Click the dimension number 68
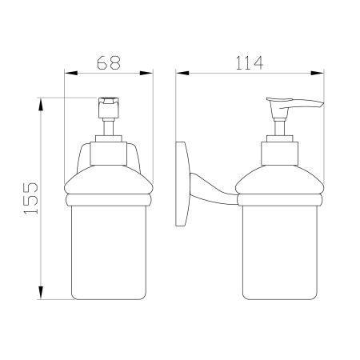click(108, 61)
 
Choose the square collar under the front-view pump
click(108, 150)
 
